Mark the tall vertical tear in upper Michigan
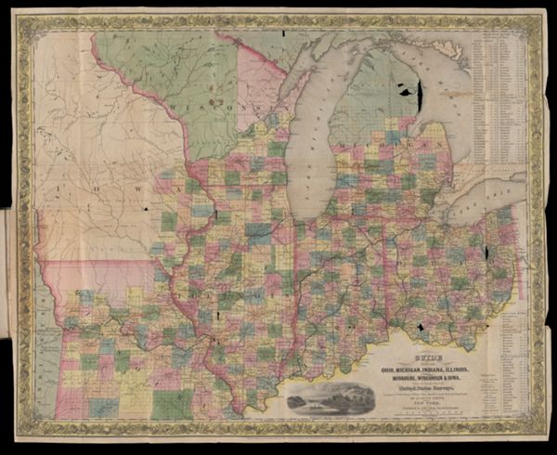pos(419,93)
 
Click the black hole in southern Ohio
pos(420,328)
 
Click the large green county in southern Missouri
pos(173,401)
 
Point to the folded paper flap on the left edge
pos(7,251)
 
